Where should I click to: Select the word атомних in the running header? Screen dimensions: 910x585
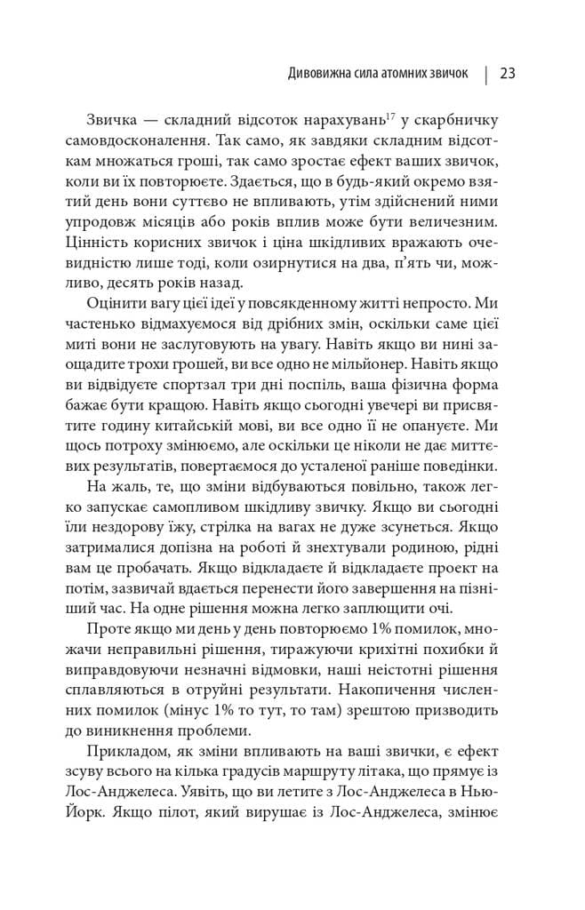pos(397,74)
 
